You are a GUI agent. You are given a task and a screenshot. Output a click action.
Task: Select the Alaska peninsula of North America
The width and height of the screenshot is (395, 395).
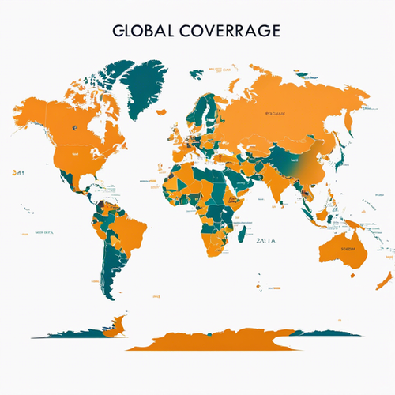click(x=32, y=111)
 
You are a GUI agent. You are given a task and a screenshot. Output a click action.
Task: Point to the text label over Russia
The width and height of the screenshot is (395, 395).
click(x=276, y=112)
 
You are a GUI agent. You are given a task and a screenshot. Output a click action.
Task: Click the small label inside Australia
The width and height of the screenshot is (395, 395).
click(x=348, y=248)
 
